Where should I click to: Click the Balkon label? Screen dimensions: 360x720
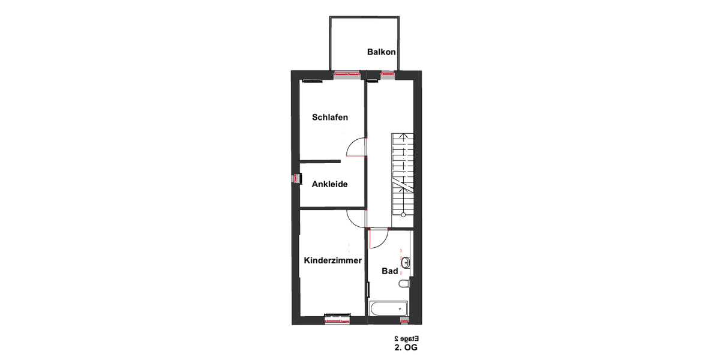382,52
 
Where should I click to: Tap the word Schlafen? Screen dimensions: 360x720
330,118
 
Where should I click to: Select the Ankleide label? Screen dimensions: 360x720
329,184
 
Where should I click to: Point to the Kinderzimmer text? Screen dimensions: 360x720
332,260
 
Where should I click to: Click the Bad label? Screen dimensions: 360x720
390,271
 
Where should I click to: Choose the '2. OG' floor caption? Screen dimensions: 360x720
406,347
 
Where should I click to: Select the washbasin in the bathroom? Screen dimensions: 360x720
406,262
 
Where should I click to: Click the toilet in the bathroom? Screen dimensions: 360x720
404,283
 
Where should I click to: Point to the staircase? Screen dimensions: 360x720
403,174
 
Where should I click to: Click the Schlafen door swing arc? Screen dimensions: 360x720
356,146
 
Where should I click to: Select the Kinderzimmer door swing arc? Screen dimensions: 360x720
356,218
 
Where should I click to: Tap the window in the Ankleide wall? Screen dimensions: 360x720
295,179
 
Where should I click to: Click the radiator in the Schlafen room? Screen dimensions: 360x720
312,80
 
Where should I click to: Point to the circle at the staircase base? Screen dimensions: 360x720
403,214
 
